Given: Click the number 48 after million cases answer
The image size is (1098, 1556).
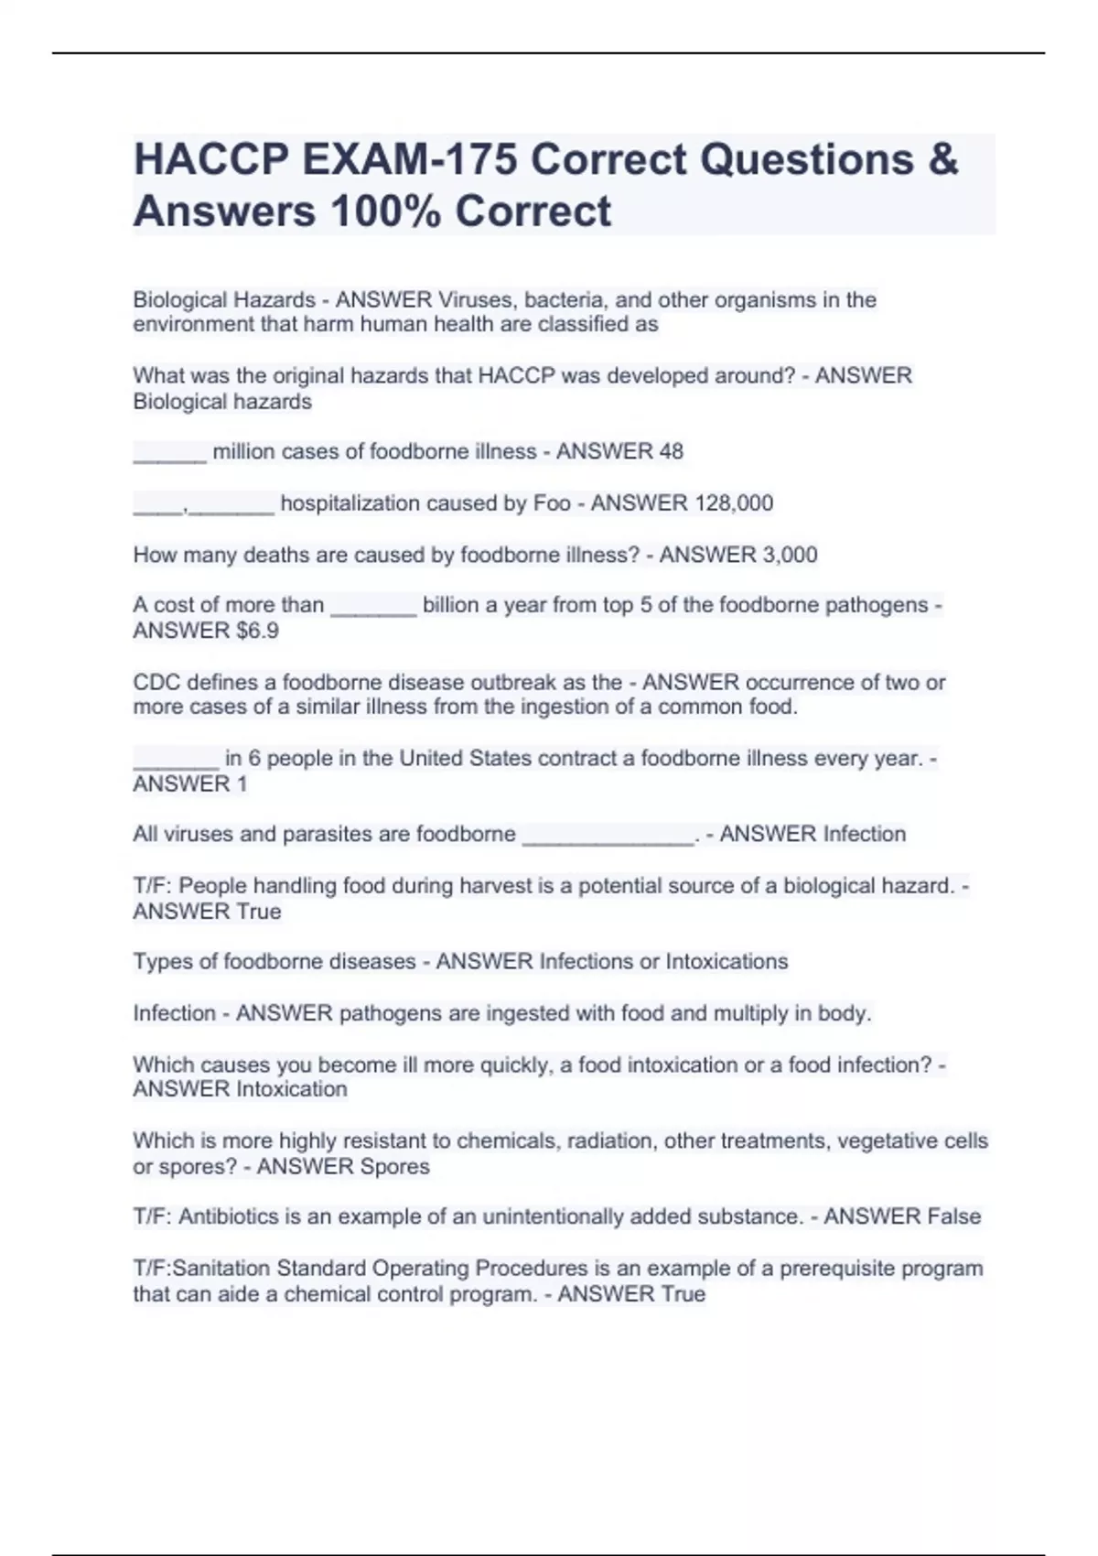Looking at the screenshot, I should (x=670, y=451).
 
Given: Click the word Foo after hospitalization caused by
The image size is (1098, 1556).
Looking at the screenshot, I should (x=552, y=502).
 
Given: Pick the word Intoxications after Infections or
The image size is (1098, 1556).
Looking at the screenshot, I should (x=727, y=961).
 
